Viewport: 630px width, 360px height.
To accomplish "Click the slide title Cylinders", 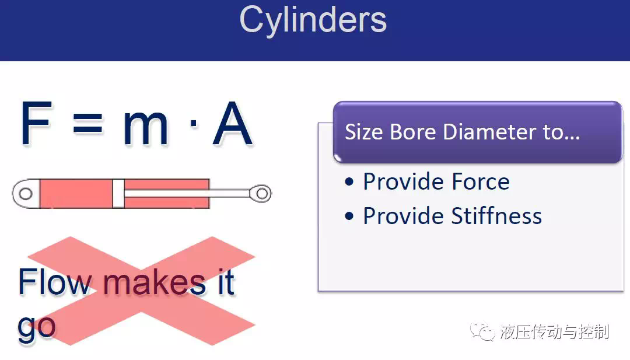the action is [313, 20].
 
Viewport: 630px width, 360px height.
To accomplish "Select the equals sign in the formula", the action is [87, 123].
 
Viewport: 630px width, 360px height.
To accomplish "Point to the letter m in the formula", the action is [145, 128].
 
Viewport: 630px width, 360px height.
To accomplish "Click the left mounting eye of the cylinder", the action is [26, 194].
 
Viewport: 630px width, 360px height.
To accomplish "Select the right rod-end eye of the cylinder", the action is [261, 194].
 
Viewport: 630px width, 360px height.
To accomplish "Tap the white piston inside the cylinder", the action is [118, 193].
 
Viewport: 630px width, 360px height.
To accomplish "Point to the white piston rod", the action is [187, 194].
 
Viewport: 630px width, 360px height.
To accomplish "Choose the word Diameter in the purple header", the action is [489, 132].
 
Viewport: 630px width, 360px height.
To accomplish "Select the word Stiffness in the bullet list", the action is [496, 216].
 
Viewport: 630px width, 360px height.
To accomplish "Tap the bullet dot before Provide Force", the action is [349, 182].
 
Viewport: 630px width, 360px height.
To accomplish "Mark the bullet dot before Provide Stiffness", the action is [349, 216].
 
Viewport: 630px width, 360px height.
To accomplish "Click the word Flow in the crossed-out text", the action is [55, 282].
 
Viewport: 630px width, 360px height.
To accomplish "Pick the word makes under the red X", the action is [155, 282].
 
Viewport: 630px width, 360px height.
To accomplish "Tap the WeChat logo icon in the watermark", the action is [482, 331].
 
